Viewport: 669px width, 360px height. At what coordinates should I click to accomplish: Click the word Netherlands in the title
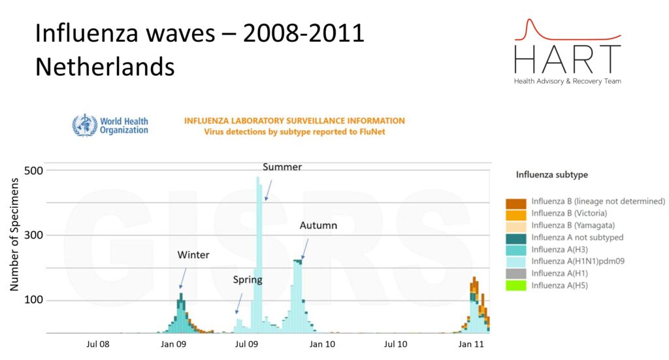pyautogui.click(x=105, y=66)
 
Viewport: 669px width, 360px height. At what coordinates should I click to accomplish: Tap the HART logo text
pyautogui.click(x=567, y=59)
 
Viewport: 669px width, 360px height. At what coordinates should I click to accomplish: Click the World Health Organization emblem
pyautogui.click(x=84, y=125)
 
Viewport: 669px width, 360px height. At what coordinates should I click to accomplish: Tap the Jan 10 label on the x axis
pyautogui.click(x=322, y=344)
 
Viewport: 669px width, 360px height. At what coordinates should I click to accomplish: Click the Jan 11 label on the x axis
pyautogui.click(x=471, y=344)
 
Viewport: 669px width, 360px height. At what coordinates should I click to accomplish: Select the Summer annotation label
pyautogui.click(x=282, y=167)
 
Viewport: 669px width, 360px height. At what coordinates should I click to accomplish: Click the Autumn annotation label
pyautogui.click(x=318, y=226)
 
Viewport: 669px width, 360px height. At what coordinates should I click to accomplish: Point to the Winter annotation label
pyautogui.click(x=193, y=255)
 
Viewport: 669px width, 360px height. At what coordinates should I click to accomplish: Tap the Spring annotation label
pyautogui.click(x=248, y=280)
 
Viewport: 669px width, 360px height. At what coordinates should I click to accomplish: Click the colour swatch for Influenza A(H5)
pyautogui.click(x=516, y=286)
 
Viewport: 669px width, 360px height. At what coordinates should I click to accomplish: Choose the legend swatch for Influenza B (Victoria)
pyautogui.click(x=516, y=214)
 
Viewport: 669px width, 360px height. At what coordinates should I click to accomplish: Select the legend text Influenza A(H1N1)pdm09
pyautogui.click(x=579, y=261)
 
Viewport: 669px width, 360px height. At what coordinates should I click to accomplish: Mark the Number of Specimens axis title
pyautogui.click(x=14, y=242)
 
